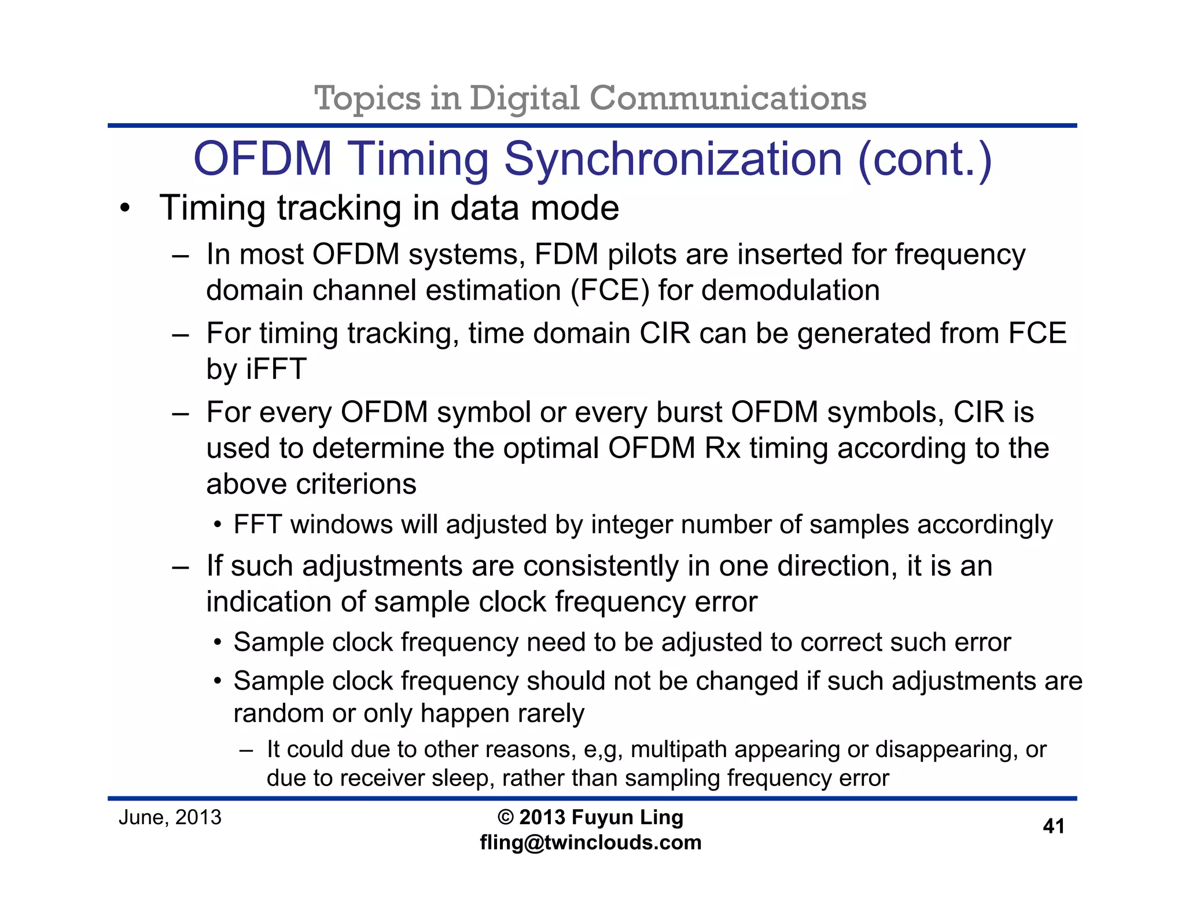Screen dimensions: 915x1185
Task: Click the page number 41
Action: click(x=1053, y=826)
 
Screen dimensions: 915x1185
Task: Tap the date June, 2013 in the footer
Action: click(x=170, y=817)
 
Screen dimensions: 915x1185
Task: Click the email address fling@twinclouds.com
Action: click(x=590, y=843)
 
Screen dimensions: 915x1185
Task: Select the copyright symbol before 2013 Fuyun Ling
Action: click(x=505, y=817)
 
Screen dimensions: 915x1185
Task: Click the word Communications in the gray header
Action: click(x=727, y=98)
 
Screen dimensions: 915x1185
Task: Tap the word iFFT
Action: click(x=276, y=369)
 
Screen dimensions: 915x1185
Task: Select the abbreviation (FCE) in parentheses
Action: click(x=610, y=290)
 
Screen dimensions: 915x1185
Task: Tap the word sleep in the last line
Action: click(x=462, y=779)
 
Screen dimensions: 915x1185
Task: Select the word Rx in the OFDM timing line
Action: click(x=722, y=448)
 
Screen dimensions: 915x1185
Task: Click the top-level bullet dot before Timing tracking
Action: click(x=125, y=208)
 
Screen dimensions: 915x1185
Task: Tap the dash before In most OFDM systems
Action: click(x=181, y=256)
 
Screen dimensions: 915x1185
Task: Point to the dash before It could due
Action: click(x=246, y=751)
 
